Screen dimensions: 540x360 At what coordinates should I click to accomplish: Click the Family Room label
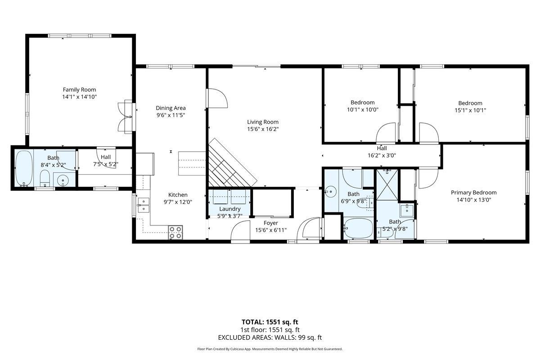tap(79, 90)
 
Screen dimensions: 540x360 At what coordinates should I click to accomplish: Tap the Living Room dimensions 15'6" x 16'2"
tap(263, 129)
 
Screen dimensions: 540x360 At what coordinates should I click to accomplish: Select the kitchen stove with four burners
tap(175, 232)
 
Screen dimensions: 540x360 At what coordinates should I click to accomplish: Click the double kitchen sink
tap(144, 205)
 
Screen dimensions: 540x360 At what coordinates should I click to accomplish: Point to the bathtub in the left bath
tap(24, 169)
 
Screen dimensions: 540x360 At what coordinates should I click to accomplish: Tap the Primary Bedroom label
tap(474, 193)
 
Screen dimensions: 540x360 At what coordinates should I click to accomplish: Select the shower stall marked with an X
tap(387, 184)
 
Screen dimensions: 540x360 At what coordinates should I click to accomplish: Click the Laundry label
tap(230, 209)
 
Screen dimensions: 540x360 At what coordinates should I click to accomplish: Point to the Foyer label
tap(271, 223)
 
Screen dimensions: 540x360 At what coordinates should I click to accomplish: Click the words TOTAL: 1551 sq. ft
tap(270, 322)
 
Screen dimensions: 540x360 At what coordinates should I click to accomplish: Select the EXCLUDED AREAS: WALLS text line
tap(270, 337)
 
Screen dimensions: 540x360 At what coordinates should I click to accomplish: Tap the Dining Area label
tap(171, 108)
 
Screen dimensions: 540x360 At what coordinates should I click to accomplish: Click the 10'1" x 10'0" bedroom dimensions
tap(363, 110)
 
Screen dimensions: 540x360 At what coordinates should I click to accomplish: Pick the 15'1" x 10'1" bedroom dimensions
tap(470, 110)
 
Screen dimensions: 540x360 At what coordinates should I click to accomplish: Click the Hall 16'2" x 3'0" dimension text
tap(382, 156)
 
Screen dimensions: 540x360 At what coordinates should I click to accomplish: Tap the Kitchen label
tap(178, 195)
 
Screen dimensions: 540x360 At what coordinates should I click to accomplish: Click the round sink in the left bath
tap(63, 180)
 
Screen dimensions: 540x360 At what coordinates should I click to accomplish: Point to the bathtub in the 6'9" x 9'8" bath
tap(358, 228)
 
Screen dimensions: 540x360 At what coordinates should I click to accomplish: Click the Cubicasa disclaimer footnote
tap(270, 349)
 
